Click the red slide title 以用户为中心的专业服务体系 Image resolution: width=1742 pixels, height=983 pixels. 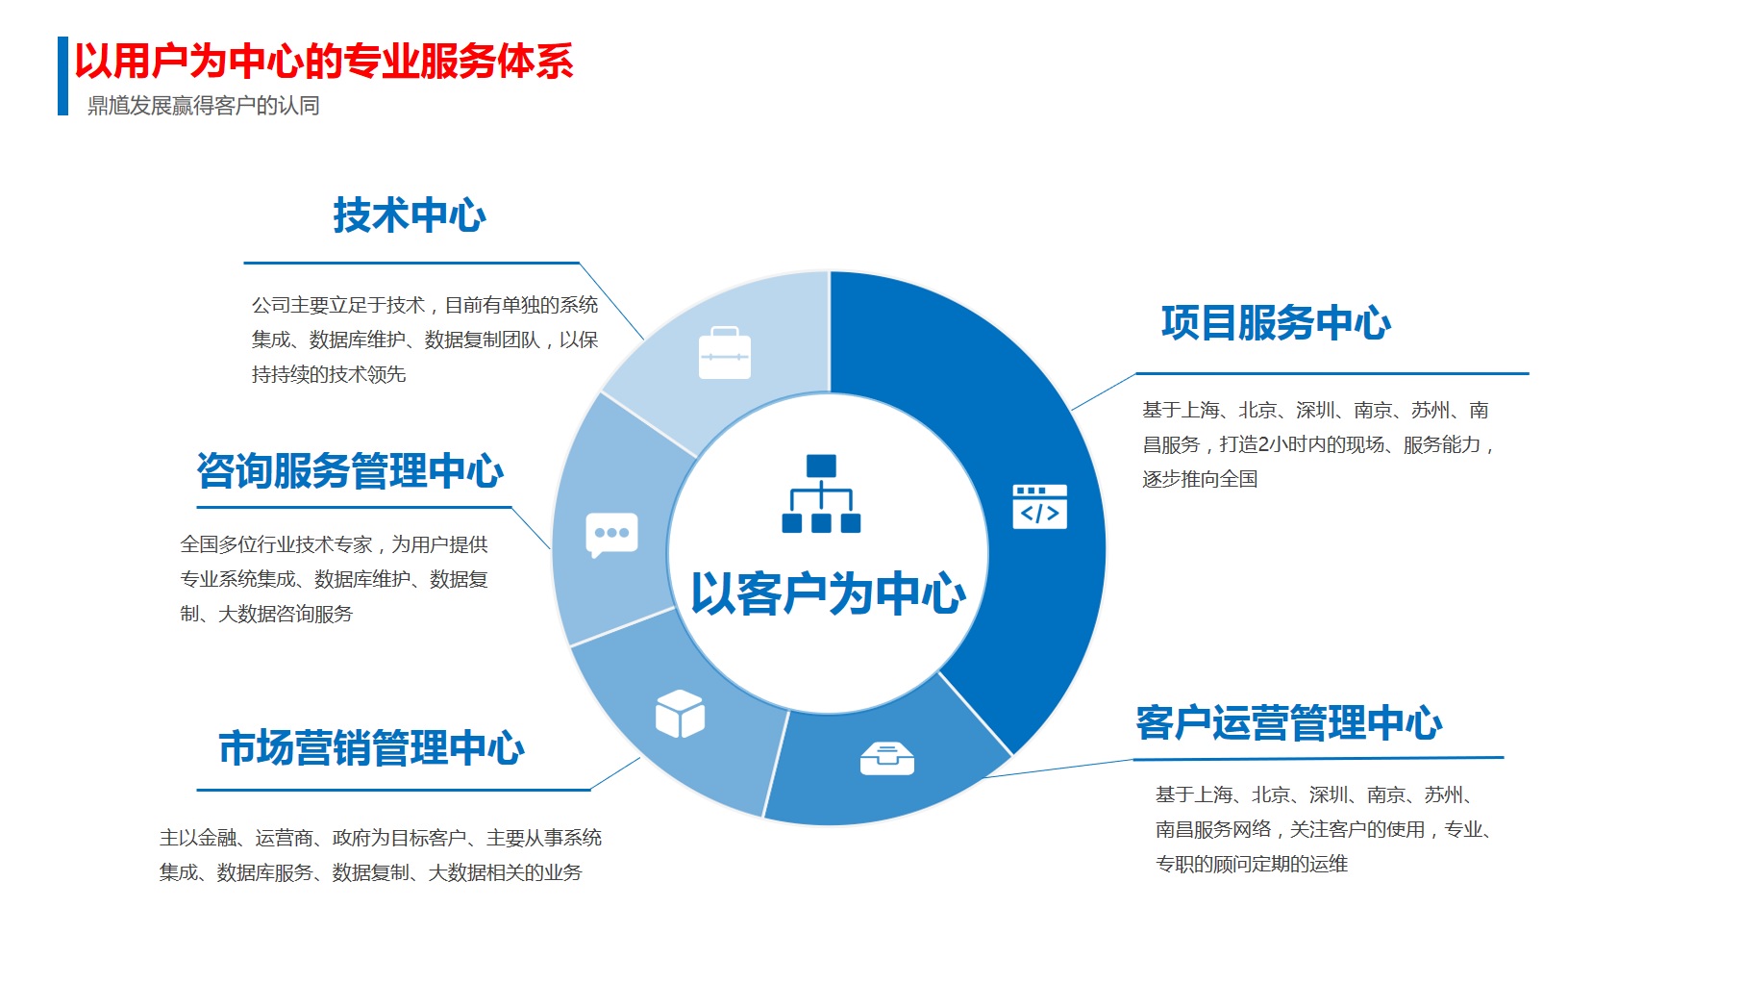(x=324, y=62)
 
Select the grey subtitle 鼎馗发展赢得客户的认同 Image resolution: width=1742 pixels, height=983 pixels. (x=204, y=106)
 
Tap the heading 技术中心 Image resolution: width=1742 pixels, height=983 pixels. (x=410, y=215)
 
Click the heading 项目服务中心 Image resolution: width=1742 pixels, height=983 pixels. (x=1276, y=323)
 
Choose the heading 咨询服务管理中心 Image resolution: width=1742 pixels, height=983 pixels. (x=350, y=471)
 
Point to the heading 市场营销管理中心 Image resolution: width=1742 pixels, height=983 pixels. (x=372, y=748)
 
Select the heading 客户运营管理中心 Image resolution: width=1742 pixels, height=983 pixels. (x=1289, y=723)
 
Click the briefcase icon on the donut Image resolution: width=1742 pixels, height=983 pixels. (x=724, y=353)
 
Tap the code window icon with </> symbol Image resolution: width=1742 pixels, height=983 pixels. (x=1039, y=507)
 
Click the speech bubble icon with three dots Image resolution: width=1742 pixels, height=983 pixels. (x=612, y=536)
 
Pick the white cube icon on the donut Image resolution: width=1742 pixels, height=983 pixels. (x=680, y=714)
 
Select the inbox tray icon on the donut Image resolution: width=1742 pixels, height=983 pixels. (x=887, y=759)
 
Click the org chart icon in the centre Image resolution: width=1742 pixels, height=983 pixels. (x=821, y=493)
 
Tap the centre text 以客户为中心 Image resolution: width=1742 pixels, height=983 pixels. (x=828, y=593)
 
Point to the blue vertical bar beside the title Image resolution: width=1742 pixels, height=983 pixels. (x=62, y=76)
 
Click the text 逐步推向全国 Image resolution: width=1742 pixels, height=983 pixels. (x=1200, y=479)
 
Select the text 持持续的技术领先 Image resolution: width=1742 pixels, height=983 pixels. (x=329, y=374)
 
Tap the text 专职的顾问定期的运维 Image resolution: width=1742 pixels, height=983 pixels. (x=1252, y=864)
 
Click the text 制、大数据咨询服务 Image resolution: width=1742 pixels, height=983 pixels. (x=266, y=614)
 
